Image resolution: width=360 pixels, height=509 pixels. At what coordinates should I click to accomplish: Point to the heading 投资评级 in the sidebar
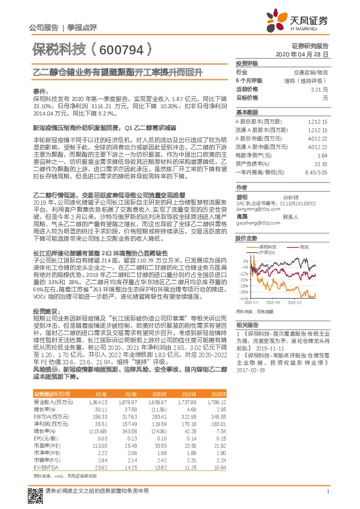click(247, 63)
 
